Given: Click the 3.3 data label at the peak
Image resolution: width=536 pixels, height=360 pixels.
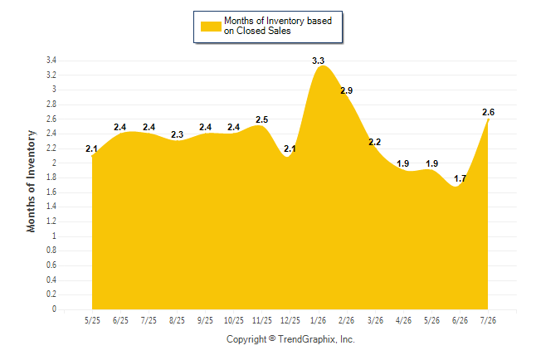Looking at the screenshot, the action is (x=318, y=61).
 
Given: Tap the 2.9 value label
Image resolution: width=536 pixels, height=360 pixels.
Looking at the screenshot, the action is (x=346, y=90).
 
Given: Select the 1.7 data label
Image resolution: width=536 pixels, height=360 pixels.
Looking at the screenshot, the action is (x=460, y=178).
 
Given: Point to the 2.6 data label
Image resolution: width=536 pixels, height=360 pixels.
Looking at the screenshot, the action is (x=488, y=112).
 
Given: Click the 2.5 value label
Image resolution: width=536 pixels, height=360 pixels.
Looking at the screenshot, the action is (x=262, y=119).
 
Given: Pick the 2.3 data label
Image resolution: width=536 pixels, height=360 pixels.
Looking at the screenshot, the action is (x=177, y=134).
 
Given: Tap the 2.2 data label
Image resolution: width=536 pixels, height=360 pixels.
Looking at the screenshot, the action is (x=375, y=142).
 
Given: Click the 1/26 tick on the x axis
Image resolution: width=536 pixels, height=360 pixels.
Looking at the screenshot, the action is (x=318, y=320).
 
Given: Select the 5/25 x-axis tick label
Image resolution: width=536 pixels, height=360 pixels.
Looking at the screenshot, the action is (x=92, y=320).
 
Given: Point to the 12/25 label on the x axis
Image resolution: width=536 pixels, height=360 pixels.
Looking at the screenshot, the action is (x=290, y=320).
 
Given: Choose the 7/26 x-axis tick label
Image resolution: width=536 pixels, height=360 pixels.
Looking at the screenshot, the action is (x=488, y=320).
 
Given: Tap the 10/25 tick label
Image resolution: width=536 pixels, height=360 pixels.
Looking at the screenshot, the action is (x=234, y=320).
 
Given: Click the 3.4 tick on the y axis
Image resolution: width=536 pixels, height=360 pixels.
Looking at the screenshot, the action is (x=51, y=61).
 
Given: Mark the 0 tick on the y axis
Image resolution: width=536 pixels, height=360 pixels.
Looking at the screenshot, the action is (x=54, y=309).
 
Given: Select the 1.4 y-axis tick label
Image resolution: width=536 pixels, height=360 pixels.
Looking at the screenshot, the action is (x=51, y=207).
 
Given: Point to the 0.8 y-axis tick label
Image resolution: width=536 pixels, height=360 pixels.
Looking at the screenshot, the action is (x=51, y=251).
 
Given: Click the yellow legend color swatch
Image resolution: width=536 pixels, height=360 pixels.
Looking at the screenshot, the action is (x=211, y=27).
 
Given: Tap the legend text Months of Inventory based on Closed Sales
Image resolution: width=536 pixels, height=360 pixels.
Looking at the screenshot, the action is (x=278, y=26).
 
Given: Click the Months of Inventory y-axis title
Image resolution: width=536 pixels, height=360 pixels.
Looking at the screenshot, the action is (x=31, y=181).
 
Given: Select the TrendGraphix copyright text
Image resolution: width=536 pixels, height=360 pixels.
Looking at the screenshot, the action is (x=290, y=339).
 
